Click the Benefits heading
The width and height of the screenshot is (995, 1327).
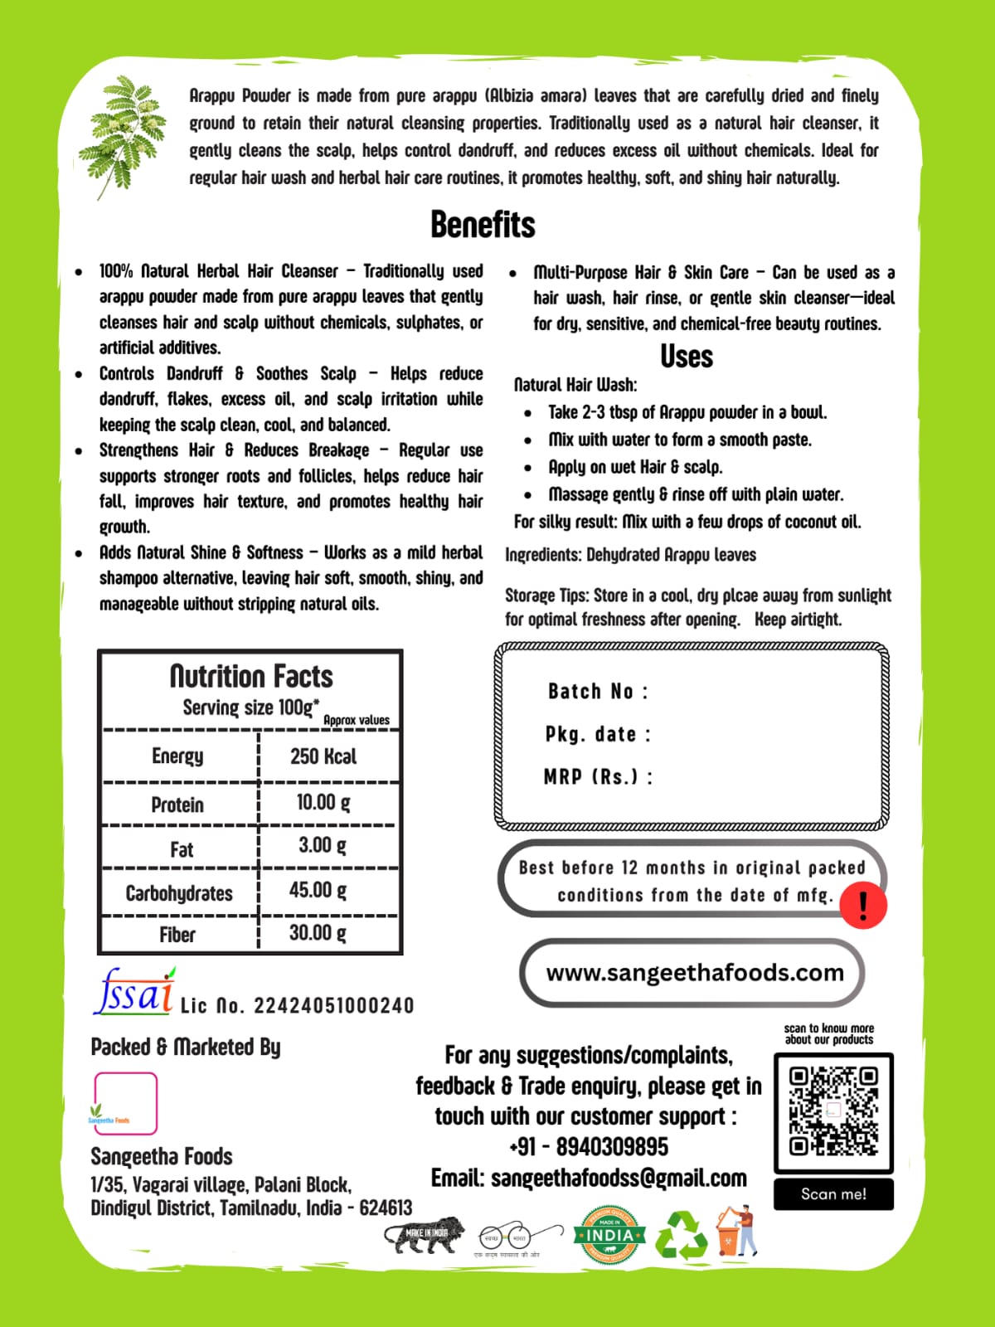click(x=483, y=225)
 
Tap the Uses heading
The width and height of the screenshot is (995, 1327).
click(x=687, y=357)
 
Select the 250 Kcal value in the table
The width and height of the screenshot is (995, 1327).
click(x=323, y=756)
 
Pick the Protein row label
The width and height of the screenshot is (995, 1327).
click(x=177, y=804)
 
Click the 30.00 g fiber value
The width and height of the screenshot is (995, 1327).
click(x=318, y=933)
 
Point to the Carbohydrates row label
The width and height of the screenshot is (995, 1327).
click(x=179, y=893)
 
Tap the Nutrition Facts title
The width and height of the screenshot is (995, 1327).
click(x=251, y=677)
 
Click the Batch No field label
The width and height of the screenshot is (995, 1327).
click(x=598, y=692)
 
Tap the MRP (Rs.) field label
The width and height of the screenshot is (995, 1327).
click(x=598, y=777)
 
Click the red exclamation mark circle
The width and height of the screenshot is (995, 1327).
click(x=863, y=905)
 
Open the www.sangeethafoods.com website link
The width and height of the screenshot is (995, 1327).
click(x=694, y=973)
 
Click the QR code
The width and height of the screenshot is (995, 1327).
click(x=833, y=1111)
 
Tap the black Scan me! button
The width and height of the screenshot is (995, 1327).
click(x=833, y=1194)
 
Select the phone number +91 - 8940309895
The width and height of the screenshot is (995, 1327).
click(x=589, y=1147)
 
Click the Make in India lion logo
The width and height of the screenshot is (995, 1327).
click(x=425, y=1234)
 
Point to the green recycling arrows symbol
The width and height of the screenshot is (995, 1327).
click(x=682, y=1236)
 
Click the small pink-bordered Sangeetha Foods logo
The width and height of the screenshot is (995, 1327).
click(x=125, y=1104)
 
